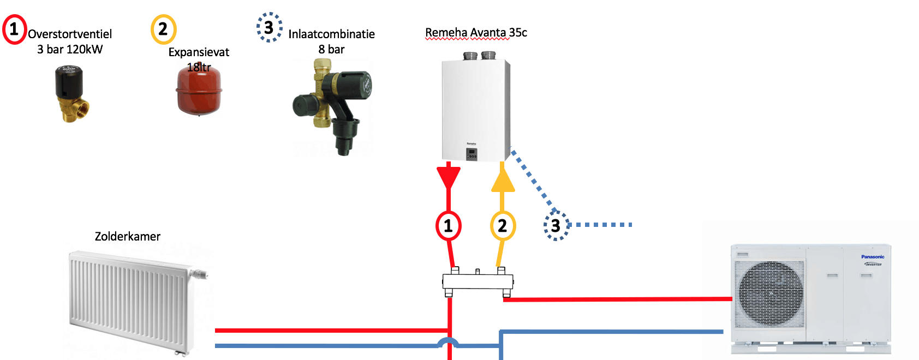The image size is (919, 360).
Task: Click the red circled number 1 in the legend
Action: (x=14, y=29)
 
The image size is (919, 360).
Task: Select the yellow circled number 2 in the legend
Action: (x=163, y=29)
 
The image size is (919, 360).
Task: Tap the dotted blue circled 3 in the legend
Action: (x=269, y=27)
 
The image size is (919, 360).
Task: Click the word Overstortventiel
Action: (x=70, y=34)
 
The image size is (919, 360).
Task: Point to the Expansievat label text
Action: (x=199, y=52)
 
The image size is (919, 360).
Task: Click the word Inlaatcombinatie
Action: (x=331, y=34)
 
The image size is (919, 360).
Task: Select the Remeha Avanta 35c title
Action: (x=476, y=33)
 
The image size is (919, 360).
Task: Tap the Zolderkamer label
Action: (x=128, y=236)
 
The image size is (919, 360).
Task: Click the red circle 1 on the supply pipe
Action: (x=449, y=225)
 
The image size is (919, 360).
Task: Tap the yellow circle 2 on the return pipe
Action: (x=503, y=225)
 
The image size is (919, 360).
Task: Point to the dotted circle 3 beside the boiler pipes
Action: (x=556, y=225)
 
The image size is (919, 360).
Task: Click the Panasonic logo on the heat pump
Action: (x=873, y=256)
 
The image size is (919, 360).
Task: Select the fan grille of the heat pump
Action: (x=769, y=293)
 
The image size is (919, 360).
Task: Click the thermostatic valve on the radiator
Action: (x=200, y=273)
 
